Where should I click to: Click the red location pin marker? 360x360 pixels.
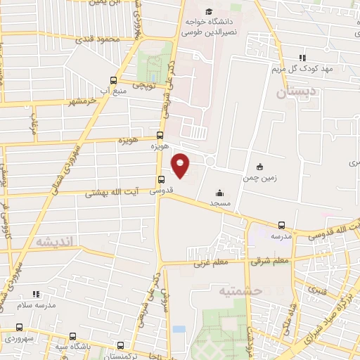tap(181, 165)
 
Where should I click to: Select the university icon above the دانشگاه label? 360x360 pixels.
tap(208, 12)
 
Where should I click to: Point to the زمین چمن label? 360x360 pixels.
tap(261, 178)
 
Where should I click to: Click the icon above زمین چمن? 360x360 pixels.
tap(261, 167)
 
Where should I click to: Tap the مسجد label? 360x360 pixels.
tap(219, 202)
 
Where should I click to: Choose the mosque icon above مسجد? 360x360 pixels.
tap(219, 192)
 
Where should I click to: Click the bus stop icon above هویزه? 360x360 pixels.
tap(160, 135)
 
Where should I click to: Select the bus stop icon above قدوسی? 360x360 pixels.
tap(161, 179)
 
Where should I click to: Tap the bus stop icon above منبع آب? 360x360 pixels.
tap(114, 80)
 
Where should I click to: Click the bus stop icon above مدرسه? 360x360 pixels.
tap(281, 226)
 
